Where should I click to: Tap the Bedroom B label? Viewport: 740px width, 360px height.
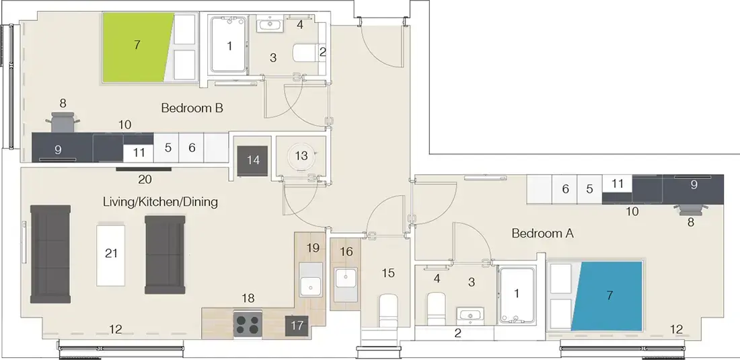pos(192,108)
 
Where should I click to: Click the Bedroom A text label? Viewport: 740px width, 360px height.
pos(542,233)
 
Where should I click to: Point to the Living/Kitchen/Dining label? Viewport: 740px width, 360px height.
pos(160,202)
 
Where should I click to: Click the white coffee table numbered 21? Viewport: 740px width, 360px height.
pos(112,254)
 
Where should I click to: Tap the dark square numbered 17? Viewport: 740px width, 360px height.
pos(296,326)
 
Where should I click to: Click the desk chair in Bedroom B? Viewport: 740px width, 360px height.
pos(65,124)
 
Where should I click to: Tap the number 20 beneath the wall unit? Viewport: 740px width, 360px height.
pos(145,180)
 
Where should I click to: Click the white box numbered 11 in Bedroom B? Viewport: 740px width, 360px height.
pos(139,153)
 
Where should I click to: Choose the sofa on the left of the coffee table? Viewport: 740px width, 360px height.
pos(50,254)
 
